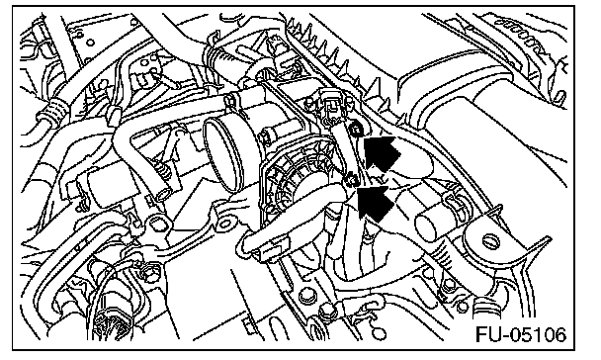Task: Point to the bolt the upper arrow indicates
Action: [x=357, y=130]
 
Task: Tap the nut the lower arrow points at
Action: [x=350, y=179]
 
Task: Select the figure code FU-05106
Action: [x=521, y=334]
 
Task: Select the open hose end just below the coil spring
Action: [x=163, y=193]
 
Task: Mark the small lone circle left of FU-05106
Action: [x=380, y=333]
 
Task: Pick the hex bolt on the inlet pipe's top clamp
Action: [x=230, y=101]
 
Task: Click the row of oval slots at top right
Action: [x=521, y=38]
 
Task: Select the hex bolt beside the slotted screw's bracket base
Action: [x=449, y=283]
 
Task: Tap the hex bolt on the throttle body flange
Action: [x=265, y=136]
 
